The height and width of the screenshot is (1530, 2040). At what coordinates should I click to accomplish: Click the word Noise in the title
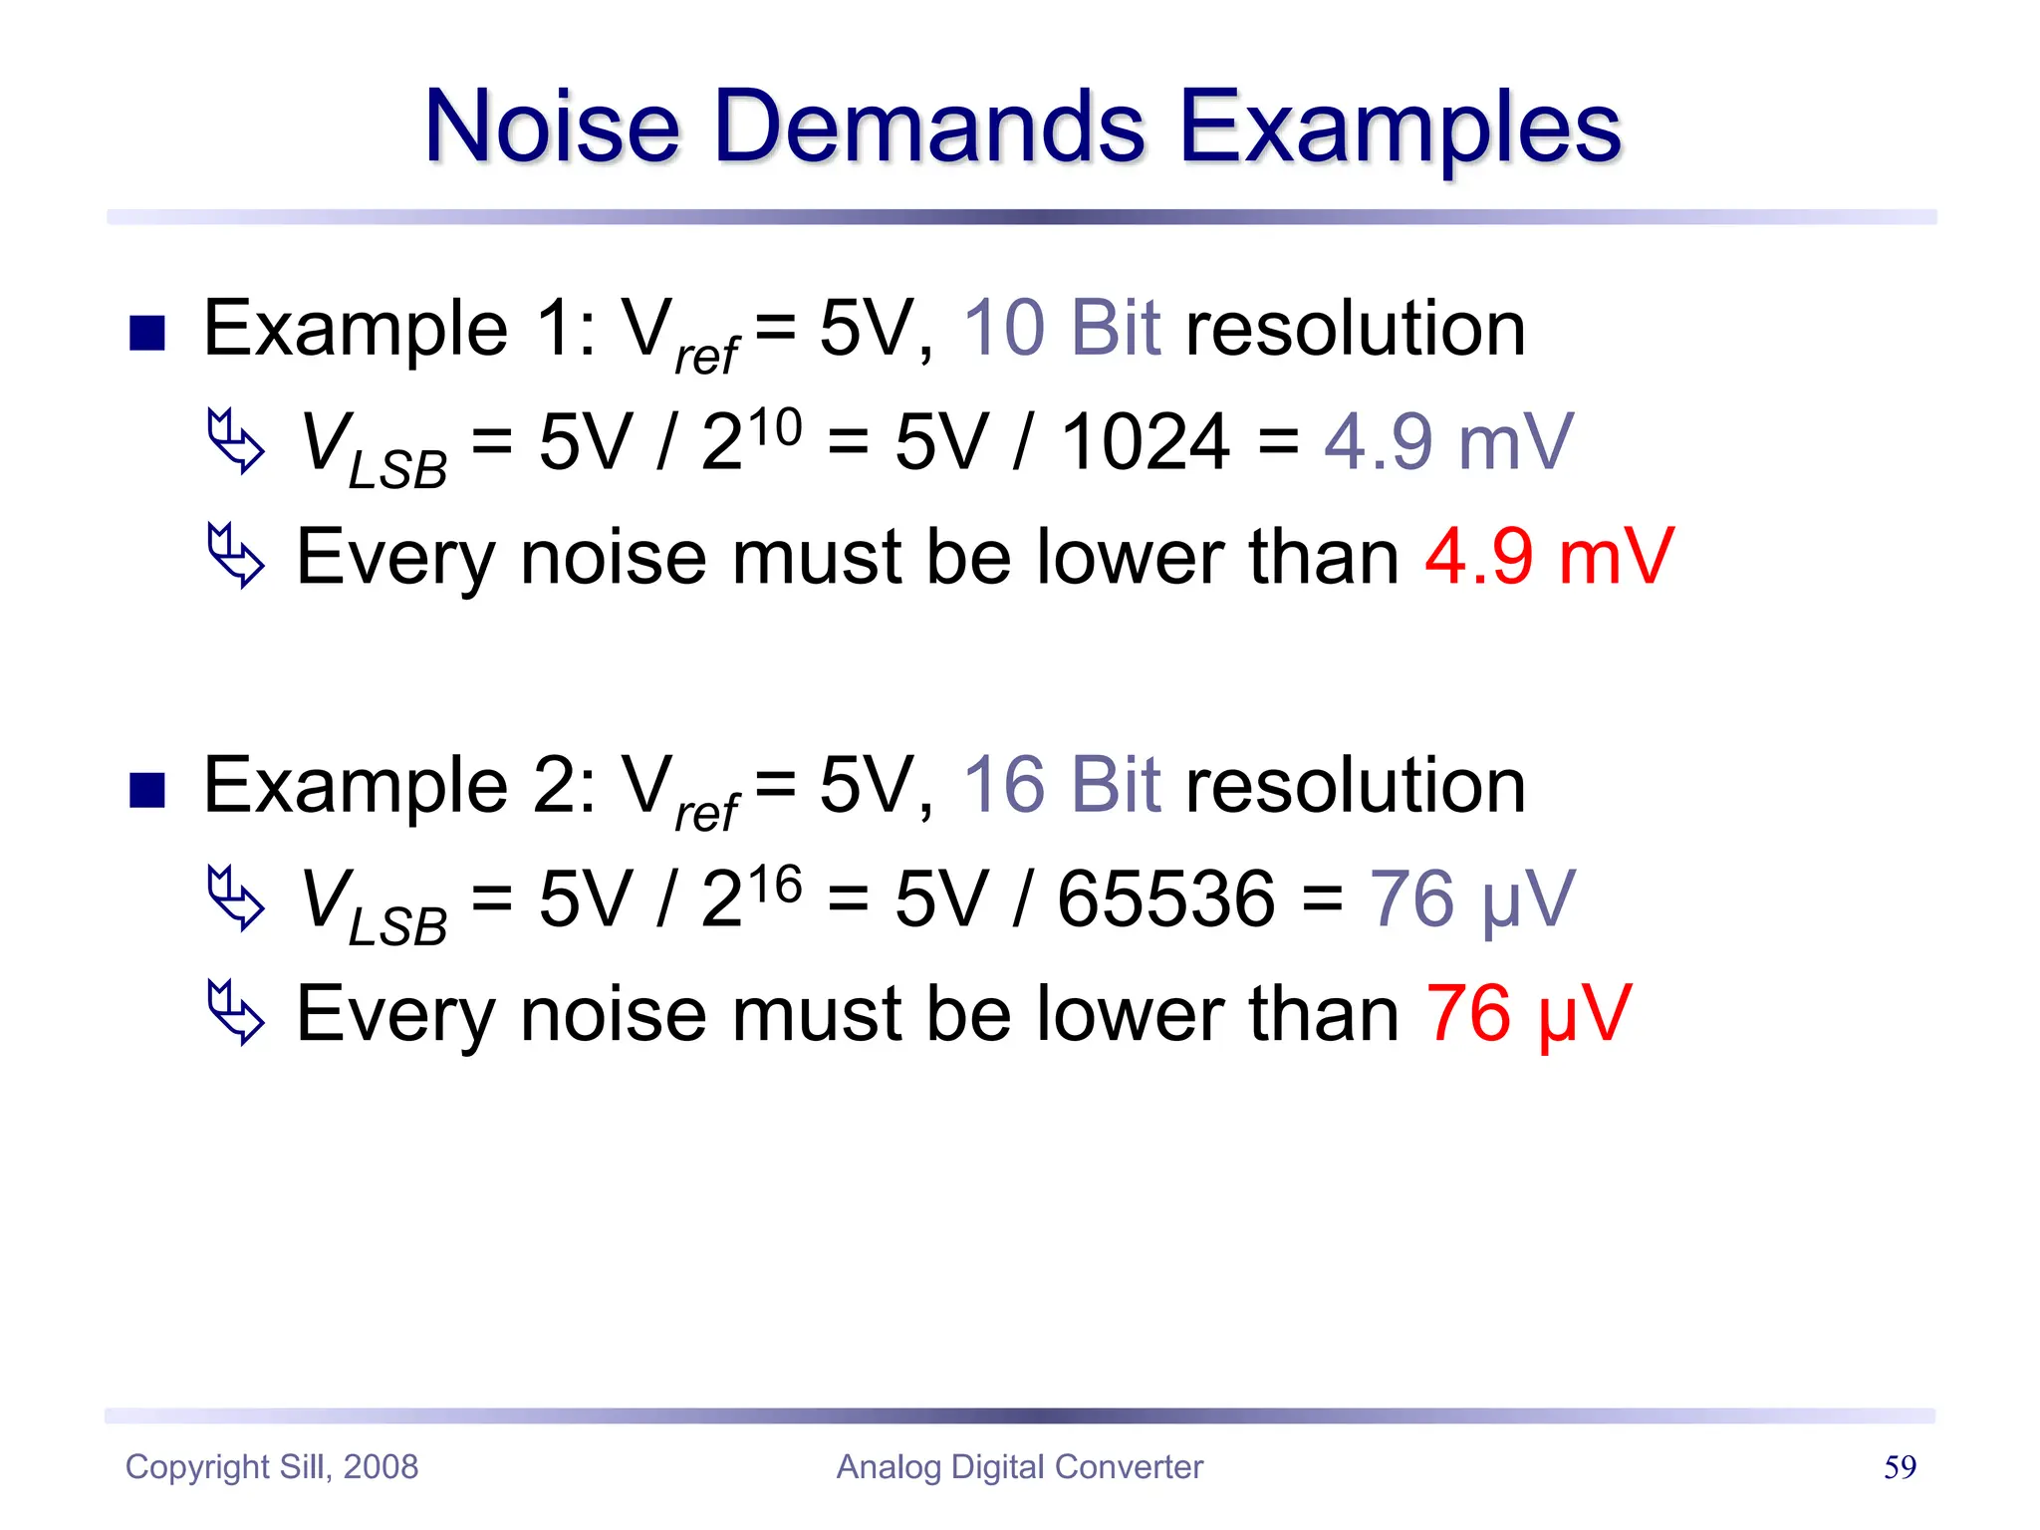click(x=553, y=127)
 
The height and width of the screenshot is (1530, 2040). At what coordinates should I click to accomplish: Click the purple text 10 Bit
click(x=1062, y=329)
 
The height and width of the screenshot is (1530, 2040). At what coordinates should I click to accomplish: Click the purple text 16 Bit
click(x=1062, y=786)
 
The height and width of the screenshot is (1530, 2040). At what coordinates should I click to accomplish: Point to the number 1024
click(x=1144, y=442)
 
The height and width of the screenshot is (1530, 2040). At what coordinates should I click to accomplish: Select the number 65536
click(x=1165, y=899)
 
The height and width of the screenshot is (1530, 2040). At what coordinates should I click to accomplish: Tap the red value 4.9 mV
click(x=1549, y=557)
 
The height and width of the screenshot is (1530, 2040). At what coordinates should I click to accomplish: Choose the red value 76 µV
click(x=1528, y=1014)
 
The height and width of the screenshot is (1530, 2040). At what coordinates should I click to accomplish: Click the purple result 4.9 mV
click(x=1448, y=442)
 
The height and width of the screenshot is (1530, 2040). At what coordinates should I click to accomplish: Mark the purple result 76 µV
click(x=1472, y=899)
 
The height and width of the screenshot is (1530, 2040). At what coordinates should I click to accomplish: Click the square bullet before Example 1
click(x=147, y=334)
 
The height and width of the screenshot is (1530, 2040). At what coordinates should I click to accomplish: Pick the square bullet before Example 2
click(x=147, y=791)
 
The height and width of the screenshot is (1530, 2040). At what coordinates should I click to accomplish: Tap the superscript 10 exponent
click(x=775, y=428)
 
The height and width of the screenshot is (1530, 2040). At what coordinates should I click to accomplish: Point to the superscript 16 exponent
click(x=775, y=885)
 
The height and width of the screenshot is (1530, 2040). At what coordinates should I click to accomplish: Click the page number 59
click(x=1900, y=1467)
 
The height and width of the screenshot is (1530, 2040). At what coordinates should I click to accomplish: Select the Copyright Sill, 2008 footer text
click(x=272, y=1467)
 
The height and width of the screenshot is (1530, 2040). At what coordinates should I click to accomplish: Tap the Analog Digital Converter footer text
click(x=1019, y=1467)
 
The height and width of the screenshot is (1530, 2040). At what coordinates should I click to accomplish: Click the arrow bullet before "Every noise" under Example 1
click(x=236, y=555)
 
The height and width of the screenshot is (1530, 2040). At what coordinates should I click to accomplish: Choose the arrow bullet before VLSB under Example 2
click(x=236, y=898)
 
